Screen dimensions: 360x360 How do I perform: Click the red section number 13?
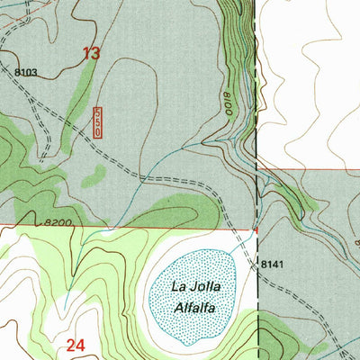pos(91,54)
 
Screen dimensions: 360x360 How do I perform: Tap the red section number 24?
pos(76,344)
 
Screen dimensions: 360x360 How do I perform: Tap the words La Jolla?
pos(195,287)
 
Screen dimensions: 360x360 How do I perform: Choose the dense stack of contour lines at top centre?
pos(236,36)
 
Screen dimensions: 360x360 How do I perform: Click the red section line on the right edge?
pos(315,168)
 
